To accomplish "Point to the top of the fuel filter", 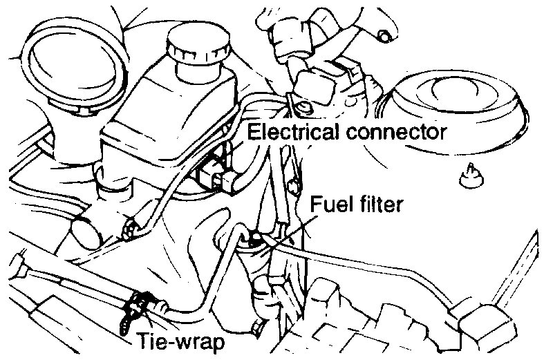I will tap(256, 238).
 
